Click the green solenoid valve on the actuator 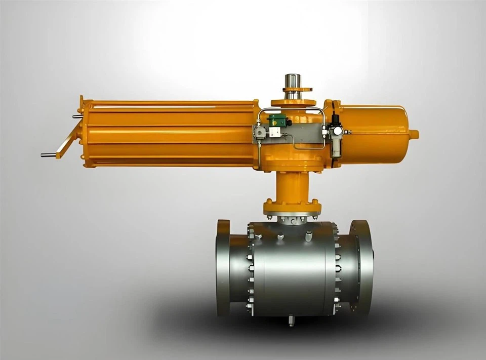click(x=277, y=121)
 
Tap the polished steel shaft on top click(x=292, y=81)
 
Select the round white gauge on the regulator click(x=337, y=131)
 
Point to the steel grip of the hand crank click(x=49, y=154)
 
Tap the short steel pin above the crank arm click(x=77, y=116)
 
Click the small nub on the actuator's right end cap click(x=414, y=134)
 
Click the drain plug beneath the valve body click(x=291, y=321)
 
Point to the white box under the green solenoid click(x=275, y=132)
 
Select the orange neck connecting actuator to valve click(x=292, y=185)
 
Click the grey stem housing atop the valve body click(x=292, y=219)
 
